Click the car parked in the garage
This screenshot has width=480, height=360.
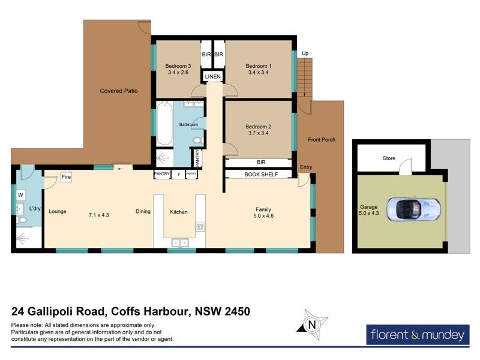(x=413, y=208)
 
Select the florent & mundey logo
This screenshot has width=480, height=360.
(x=417, y=334)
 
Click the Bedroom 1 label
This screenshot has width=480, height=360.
(x=259, y=66)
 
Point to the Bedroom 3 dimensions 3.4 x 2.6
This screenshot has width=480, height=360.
(x=178, y=73)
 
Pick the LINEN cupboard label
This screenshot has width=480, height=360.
(x=213, y=77)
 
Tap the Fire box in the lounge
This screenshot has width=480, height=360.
(x=66, y=178)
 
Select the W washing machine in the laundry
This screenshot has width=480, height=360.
(x=20, y=195)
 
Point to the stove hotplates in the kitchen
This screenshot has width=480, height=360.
(x=199, y=227)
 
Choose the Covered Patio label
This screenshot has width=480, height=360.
(x=119, y=91)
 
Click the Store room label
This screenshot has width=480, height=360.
(x=389, y=159)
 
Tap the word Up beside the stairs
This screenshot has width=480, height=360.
(x=305, y=53)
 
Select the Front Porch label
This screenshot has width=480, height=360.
(x=322, y=140)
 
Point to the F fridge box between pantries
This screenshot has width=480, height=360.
(x=178, y=175)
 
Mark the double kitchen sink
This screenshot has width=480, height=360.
(x=179, y=242)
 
